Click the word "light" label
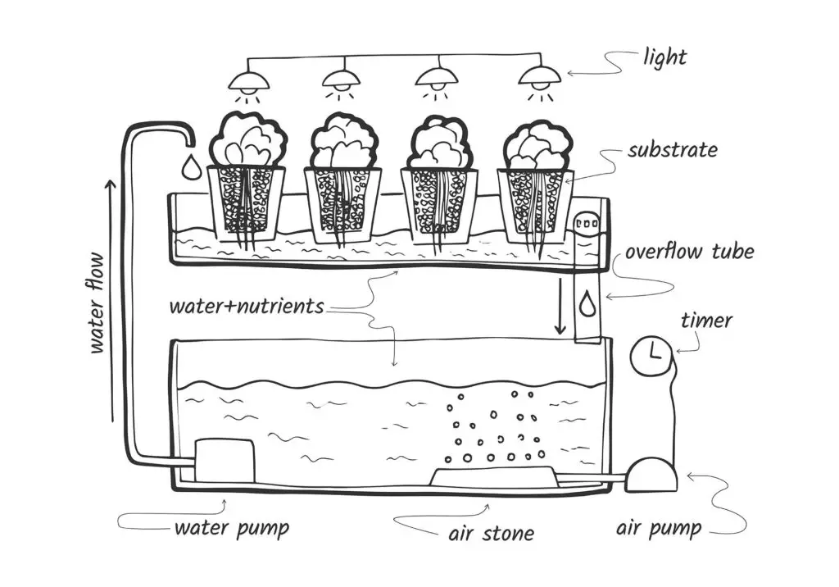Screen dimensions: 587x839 665,57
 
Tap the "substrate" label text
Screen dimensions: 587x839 673,151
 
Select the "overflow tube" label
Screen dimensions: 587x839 689,252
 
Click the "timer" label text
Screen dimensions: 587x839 706,320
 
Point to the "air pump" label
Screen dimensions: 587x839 659,529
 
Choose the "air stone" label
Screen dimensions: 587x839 491,534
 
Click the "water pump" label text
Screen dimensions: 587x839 231,527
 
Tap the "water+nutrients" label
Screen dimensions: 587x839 246,307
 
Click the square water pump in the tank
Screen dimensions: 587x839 224,460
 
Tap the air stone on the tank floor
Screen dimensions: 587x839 492,476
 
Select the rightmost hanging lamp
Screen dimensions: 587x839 537,79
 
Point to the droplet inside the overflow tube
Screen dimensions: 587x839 587,304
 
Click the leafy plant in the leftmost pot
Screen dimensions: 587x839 247,139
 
